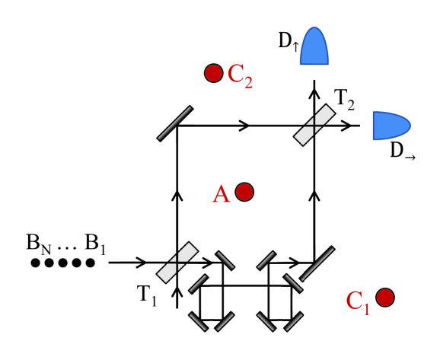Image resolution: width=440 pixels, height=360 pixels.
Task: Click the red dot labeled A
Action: click(244, 192)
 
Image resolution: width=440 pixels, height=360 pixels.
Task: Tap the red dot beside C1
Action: click(385, 297)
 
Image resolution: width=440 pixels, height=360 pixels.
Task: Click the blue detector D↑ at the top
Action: click(314, 47)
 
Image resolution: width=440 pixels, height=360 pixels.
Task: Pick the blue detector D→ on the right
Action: click(391, 126)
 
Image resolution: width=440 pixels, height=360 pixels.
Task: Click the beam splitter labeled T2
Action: click(315, 125)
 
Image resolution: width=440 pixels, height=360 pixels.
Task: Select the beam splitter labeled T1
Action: click(177, 262)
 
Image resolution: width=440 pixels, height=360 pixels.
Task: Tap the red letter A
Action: click(221, 195)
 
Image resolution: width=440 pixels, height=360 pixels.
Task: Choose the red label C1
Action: click(359, 301)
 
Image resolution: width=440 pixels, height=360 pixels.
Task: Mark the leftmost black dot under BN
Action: click(35, 263)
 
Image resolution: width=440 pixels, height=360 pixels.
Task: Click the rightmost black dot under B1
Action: click(90, 263)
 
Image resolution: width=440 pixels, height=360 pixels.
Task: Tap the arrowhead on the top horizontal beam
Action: click(244, 125)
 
